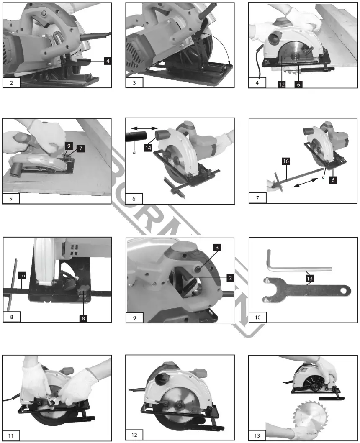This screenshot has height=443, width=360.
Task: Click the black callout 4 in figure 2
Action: tap(108, 61)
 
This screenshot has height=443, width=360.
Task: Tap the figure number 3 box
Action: tap(134, 82)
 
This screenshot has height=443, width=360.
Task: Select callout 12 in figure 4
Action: tap(282, 84)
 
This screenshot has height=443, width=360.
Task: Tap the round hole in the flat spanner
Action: tap(344, 290)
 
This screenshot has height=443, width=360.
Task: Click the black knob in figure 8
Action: tap(83, 290)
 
